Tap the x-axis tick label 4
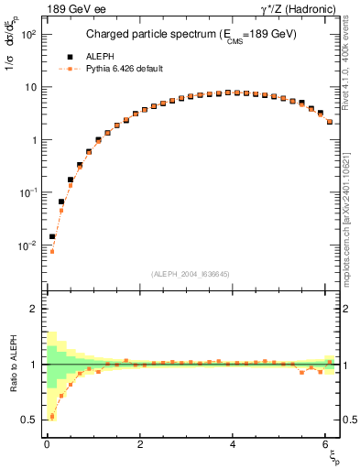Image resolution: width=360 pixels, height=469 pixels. tap(235, 444)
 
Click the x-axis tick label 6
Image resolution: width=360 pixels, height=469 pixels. tap(328, 444)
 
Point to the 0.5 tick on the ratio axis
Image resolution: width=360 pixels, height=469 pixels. tap(29, 420)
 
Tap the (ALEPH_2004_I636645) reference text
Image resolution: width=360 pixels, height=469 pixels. tap(191, 274)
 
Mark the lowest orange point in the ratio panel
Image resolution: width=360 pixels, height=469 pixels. tap(52, 417)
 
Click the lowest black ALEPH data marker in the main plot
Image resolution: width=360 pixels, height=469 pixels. tap(52, 236)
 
